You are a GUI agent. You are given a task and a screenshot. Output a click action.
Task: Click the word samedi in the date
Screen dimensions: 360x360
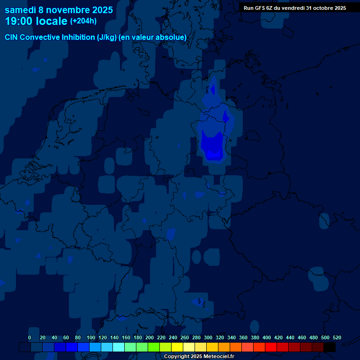click(x=20, y=10)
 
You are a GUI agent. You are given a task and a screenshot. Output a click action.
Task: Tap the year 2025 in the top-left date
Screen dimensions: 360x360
click(x=99, y=10)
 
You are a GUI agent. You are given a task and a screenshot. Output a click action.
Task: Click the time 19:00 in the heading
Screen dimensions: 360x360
click(x=19, y=21)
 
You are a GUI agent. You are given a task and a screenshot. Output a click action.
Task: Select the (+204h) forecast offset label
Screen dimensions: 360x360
click(x=83, y=21)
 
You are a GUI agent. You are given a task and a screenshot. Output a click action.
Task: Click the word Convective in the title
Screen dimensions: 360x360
click(x=41, y=37)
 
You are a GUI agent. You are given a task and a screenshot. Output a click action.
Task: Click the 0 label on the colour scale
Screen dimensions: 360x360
click(x=30, y=337)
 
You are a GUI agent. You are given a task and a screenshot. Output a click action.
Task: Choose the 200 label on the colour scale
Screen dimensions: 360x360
click(x=149, y=337)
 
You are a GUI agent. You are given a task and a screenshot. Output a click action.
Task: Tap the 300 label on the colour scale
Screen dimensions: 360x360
click(x=208, y=337)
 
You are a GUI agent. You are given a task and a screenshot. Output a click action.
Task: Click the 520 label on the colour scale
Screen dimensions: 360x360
click(x=337, y=337)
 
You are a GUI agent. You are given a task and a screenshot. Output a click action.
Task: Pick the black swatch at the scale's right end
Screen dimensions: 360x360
click(x=330, y=347)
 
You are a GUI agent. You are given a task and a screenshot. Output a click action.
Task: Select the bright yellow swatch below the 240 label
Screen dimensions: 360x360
click(x=177, y=347)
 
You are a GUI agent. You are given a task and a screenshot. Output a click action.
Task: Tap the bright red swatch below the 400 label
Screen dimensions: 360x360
click(x=271, y=347)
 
